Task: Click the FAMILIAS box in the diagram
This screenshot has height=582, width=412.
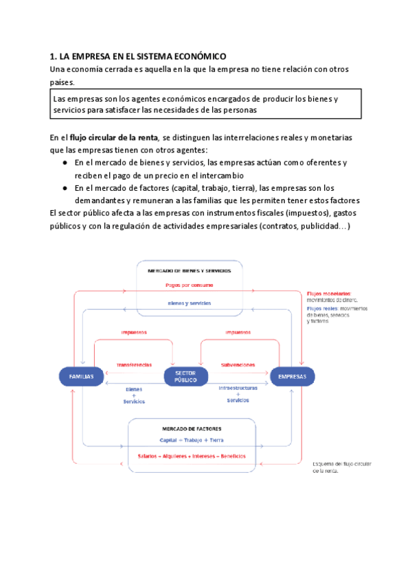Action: click(81, 376)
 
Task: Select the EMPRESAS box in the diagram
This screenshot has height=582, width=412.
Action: click(293, 376)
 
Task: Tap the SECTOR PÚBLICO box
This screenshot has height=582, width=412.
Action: click(186, 376)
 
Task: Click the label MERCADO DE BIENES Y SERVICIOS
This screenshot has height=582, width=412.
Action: click(189, 270)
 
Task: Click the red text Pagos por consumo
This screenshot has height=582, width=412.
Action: click(189, 285)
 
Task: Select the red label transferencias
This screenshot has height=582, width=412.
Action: click(135, 364)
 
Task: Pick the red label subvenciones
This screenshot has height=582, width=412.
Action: click(238, 364)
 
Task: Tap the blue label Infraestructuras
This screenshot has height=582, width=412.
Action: click(238, 388)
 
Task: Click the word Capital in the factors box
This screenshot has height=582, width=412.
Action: click(169, 440)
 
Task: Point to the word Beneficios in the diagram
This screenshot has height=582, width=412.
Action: click(231, 456)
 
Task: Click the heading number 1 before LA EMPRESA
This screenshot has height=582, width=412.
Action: click(54, 56)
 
